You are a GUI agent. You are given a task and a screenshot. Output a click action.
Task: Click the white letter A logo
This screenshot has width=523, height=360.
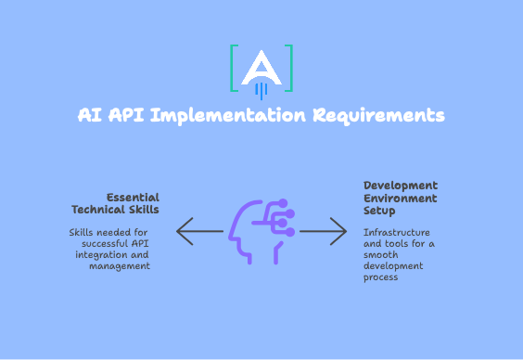click(x=261, y=69)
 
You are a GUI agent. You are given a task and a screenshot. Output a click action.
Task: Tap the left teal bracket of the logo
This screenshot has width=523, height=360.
click(x=234, y=67)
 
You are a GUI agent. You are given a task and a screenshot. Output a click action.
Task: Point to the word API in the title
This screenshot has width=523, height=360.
click(x=127, y=116)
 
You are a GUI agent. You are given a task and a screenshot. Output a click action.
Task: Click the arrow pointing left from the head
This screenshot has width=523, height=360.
click(x=198, y=231)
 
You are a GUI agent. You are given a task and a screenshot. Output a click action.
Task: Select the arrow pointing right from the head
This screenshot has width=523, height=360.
click(x=324, y=231)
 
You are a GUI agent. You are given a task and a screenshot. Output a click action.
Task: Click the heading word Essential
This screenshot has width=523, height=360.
click(x=133, y=197)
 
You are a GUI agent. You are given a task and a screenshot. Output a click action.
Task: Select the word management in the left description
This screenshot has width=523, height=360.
click(x=120, y=266)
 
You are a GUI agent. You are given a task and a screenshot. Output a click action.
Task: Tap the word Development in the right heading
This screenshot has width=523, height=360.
click(x=401, y=186)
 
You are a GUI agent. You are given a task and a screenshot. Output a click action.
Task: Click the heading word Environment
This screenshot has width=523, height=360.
click(x=400, y=198)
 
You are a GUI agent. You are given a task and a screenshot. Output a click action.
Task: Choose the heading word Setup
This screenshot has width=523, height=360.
click(x=379, y=210)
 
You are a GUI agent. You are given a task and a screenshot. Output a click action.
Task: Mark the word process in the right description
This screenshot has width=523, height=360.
click(x=380, y=277)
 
